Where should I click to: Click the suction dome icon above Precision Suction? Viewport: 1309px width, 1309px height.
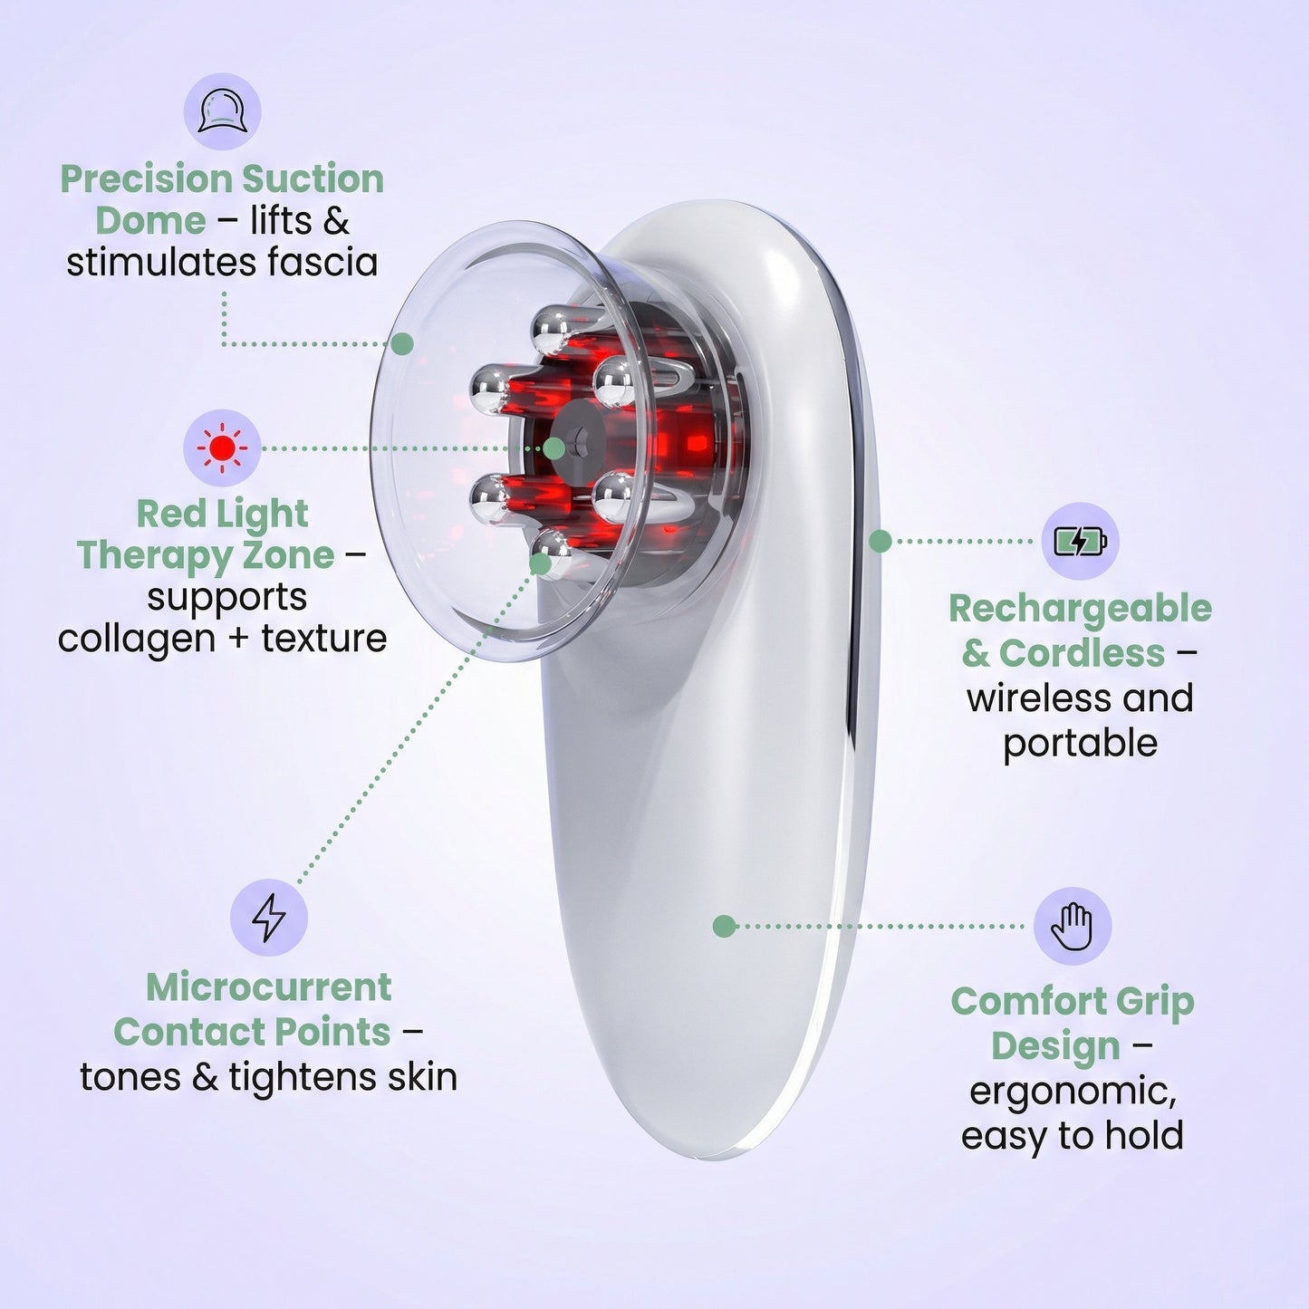coord(222,112)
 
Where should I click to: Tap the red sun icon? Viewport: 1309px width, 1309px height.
coord(222,448)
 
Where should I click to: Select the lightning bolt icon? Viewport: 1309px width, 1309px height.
coord(268,917)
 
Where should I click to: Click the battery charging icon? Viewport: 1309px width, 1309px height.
coord(1079,541)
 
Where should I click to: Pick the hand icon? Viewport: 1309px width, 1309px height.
coord(1072,926)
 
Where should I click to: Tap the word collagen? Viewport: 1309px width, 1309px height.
coord(136,639)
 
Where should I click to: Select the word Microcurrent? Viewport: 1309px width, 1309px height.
coord(268,987)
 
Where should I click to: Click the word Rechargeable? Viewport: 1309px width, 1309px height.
coord(1080,609)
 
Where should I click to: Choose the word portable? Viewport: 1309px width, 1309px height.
coord(1080,743)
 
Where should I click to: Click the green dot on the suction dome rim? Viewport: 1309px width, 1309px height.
coord(403,343)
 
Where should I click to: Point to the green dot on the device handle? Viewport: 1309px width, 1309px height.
coord(723,926)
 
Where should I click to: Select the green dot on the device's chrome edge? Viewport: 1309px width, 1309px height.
coord(880,541)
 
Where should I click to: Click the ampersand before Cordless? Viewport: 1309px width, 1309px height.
coord(975,653)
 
